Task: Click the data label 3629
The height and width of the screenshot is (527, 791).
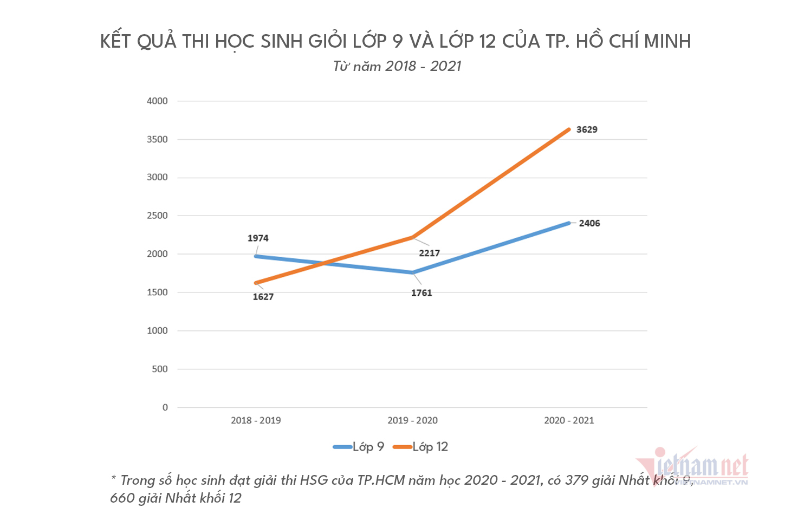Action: pos(587,129)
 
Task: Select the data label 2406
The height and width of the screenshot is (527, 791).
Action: pos(589,223)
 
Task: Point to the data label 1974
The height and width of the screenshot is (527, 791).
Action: pos(258,238)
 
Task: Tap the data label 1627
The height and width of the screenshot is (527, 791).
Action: pos(263,297)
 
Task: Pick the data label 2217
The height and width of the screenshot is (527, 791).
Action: pos(429,253)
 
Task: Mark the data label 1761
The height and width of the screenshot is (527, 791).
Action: pos(422,293)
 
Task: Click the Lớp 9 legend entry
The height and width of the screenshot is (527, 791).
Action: pos(359,447)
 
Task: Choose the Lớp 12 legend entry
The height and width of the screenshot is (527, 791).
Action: pos(421,447)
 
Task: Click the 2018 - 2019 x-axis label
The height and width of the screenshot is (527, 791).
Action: pos(256,420)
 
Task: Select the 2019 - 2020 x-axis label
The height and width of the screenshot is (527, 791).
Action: pos(412,420)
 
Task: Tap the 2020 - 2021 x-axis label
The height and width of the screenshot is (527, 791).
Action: pos(569,420)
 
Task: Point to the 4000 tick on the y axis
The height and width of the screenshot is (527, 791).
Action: pos(157,101)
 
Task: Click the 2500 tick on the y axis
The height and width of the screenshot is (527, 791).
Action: pos(157,216)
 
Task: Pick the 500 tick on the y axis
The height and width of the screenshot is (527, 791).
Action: pos(160,369)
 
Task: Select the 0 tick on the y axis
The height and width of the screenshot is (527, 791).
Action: pos(165,407)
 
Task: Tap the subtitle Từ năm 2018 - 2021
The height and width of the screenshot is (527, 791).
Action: pos(397,66)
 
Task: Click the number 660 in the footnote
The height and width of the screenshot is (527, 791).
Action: pos(121,498)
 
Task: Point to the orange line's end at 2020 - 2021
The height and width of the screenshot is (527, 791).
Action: pos(569,129)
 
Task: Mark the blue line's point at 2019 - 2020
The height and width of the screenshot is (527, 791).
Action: pos(413,272)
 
